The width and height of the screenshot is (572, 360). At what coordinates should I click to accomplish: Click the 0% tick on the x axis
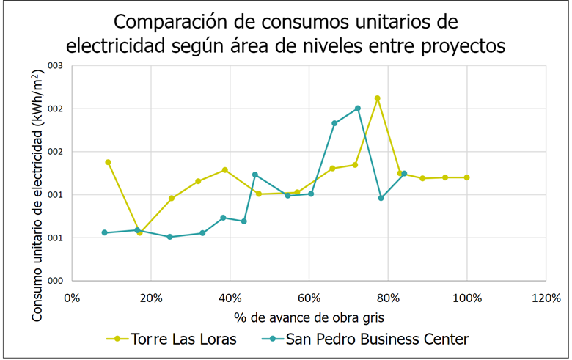pyautogui.click(x=72, y=298)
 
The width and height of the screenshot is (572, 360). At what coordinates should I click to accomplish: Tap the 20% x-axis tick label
pyautogui.click(x=150, y=298)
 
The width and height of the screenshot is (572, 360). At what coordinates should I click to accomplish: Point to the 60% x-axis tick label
pyautogui.click(x=309, y=298)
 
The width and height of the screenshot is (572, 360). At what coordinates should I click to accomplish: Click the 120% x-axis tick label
pyautogui.click(x=546, y=298)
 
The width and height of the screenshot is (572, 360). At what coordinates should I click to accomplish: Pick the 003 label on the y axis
pyautogui.click(x=56, y=66)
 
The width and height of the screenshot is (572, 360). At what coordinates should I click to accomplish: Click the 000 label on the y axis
pyautogui.click(x=56, y=281)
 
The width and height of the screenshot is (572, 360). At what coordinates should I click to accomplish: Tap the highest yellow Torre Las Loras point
pyautogui.click(x=378, y=98)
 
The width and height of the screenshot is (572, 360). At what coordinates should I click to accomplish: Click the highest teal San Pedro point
pyautogui.click(x=358, y=109)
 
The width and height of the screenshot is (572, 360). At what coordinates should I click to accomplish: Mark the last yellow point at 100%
pyautogui.click(x=467, y=177)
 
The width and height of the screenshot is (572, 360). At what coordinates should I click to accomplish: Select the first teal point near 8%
pyautogui.click(x=105, y=232)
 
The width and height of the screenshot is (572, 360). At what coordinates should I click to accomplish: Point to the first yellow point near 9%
pyautogui.click(x=108, y=162)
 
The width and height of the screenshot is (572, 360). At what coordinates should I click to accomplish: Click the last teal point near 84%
pyautogui.click(x=404, y=174)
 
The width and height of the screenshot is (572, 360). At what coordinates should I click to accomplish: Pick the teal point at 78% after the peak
pyautogui.click(x=381, y=198)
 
